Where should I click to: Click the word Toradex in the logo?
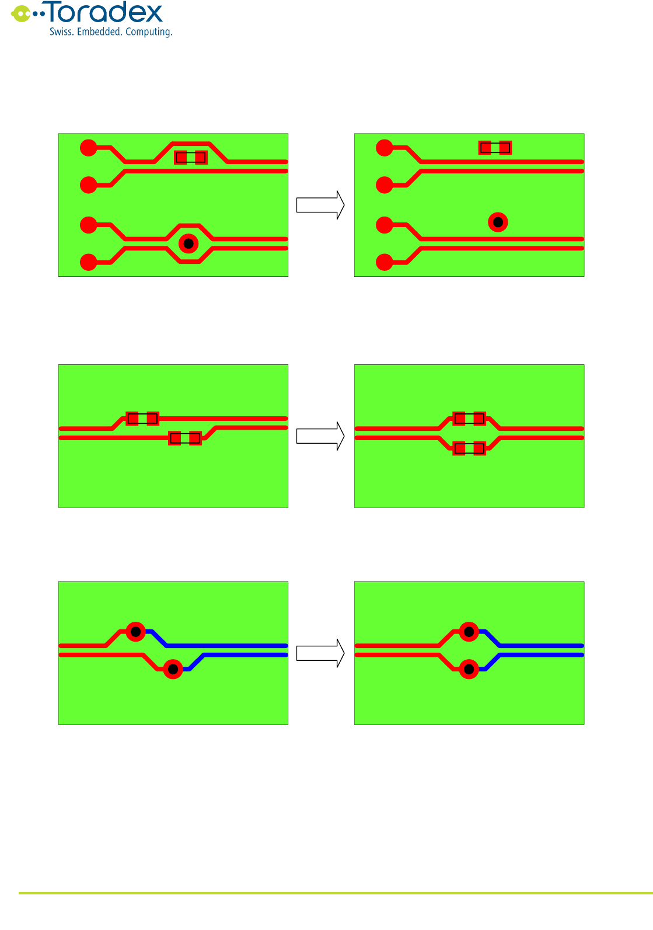click(105, 13)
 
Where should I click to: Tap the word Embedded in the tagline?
click(99, 32)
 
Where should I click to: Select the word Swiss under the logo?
click(61, 32)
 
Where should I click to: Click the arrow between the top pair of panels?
click(320, 205)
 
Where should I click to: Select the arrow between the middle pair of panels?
click(320, 436)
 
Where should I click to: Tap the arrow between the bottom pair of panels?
click(320, 653)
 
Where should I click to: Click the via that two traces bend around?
click(188, 243)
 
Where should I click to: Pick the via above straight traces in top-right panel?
click(498, 222)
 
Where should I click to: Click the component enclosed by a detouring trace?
click(191, 157)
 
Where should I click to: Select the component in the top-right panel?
click(495, 148)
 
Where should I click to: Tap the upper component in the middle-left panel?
click(142, 419)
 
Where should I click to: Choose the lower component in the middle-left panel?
click(185, 438)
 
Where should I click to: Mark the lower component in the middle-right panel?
click(469, 448)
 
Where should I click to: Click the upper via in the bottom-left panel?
click(136, 632)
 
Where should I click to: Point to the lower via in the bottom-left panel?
click(173, 669)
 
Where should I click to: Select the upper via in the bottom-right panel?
click(469, 632)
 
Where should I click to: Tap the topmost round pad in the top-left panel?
click(88, 148)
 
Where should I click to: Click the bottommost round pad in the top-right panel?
click(385, 262)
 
